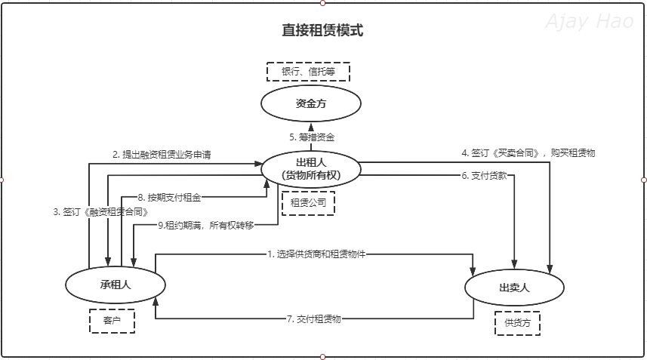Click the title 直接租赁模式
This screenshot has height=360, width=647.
pyautogui.click(x=322, y=31)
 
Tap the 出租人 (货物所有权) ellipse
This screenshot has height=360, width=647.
pyautogui.click(x=310, y=169)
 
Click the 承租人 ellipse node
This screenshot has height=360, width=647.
pyautogui.click(x=115, y=284)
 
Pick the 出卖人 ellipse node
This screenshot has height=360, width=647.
pyautogui.click(x=514, y=288)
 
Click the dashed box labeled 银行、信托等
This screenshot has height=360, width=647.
pyautogui.click(x=308, y=72)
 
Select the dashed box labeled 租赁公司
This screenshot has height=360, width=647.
pyautogui.click(x=307, y=203)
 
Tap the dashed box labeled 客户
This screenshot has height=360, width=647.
pyautogui.click(x=112, y=321)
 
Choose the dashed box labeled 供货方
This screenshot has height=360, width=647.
pyautogui.click(x=517, y=323)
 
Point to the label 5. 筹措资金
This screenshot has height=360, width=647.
pyautogui.click(x=312, y=137)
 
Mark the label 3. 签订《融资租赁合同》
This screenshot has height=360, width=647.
pyautogui.click(x=100, y=212)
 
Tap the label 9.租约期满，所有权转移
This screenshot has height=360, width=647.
pyautogui.click(x=205, y=225)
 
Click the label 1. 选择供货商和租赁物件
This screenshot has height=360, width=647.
pyautogui.click(x=316, y=254)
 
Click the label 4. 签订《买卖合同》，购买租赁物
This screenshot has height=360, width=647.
pyautogui.click(x=528, y=152)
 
